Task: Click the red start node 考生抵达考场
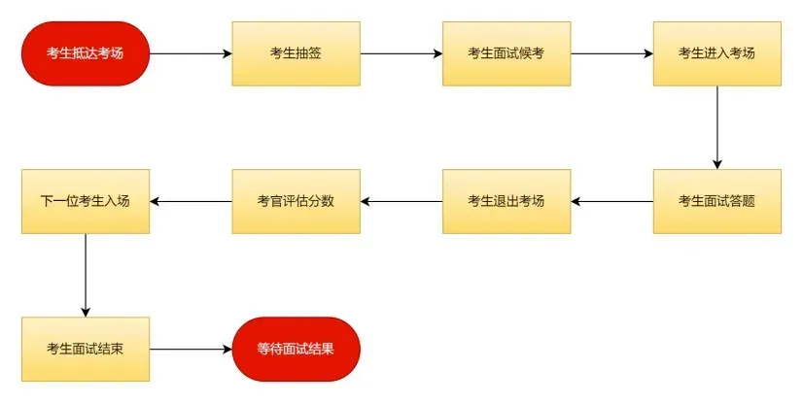[86, 53]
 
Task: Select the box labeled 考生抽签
[296, 53]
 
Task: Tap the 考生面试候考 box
[506, 53]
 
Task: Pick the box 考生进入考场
[717, 53]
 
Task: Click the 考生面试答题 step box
[717, 202]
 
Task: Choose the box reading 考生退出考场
[506, 202]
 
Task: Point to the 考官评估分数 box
[296, 202]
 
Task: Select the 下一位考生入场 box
[86, 202]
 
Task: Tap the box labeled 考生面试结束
[86, 350]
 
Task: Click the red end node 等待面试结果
[296, 350]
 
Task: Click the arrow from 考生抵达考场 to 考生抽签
[191, 53]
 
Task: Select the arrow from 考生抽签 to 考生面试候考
[401, 53]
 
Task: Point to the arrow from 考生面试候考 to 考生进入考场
[612, 53]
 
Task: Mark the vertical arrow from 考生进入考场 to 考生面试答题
[717, 127]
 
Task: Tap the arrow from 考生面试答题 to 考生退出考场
[612, 202]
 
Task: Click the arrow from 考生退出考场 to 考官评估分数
[401, 202]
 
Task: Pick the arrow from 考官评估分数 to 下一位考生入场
[191, 202]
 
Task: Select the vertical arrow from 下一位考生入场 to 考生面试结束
[86, 275]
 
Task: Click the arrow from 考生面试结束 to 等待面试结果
[191, 350]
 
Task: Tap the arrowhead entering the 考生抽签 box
[227, 53]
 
